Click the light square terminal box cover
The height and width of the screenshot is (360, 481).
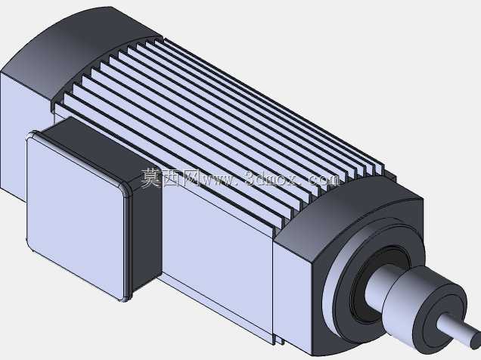(x=76, y=215)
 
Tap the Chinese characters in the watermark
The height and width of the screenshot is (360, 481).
(x=169, y=178)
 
